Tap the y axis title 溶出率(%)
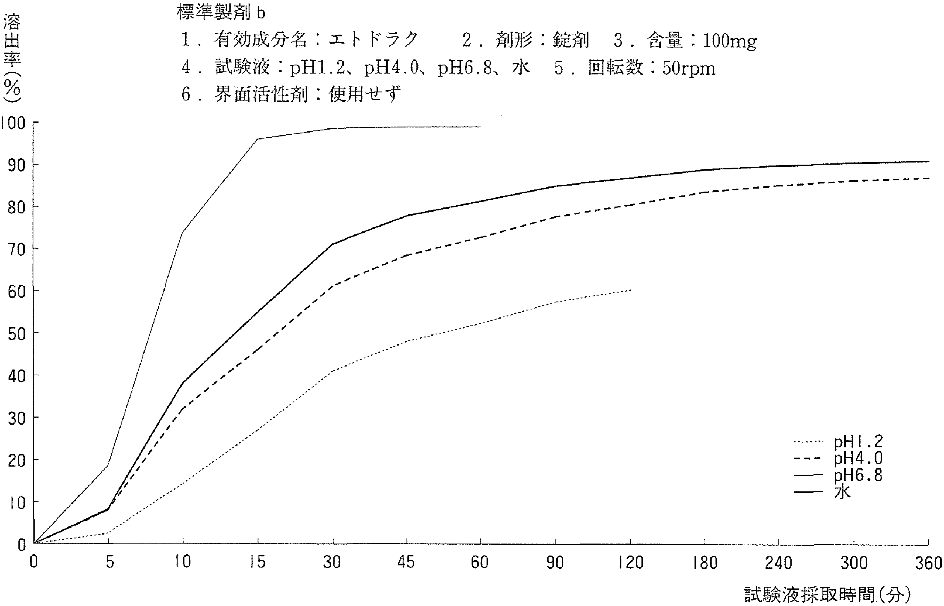[12, 58]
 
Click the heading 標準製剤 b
[221, 13]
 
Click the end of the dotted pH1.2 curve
[630, 290]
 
